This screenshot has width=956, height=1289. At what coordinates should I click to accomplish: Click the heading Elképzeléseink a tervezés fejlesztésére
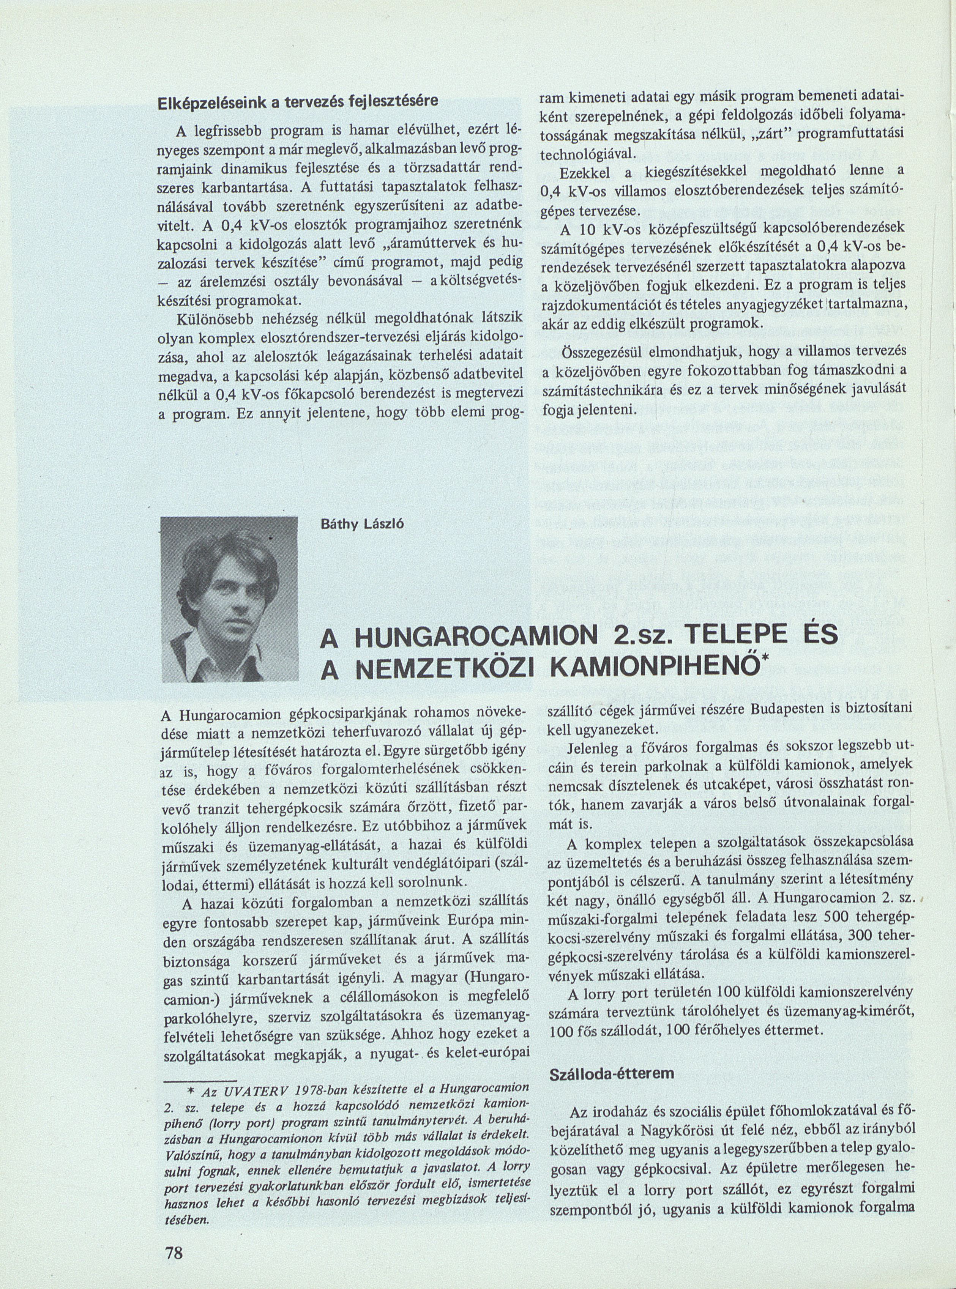[298, 100]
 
